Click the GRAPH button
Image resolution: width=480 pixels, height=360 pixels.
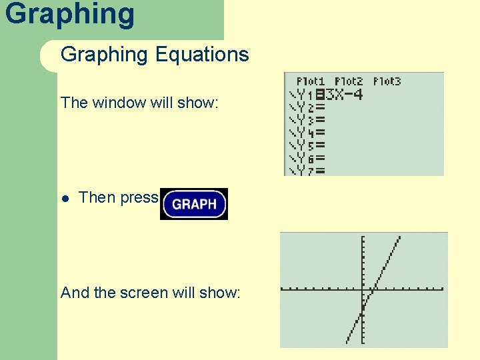(x=194, y=204)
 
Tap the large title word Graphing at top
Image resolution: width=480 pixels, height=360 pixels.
(x=69, y=13)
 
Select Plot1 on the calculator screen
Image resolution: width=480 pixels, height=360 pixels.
(x=310, y=81)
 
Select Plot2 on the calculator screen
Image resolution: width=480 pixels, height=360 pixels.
(x=349, y=81)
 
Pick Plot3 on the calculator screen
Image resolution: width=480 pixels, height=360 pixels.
(x=387, y=81)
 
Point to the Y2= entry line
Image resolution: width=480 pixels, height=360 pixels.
(x=307, y=107)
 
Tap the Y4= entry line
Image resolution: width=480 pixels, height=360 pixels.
(x=307, y=133)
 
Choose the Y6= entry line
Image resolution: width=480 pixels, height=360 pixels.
(x=307, y=159)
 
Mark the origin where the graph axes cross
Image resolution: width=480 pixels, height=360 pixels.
(x=362, y=289)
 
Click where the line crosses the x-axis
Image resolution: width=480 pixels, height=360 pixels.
(x=374, y=289)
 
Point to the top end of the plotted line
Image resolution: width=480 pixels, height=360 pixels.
(x=399, y=237)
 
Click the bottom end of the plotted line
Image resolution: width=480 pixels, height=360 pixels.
(x=347, y=342)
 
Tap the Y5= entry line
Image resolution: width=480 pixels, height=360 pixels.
(x=307, y=145)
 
